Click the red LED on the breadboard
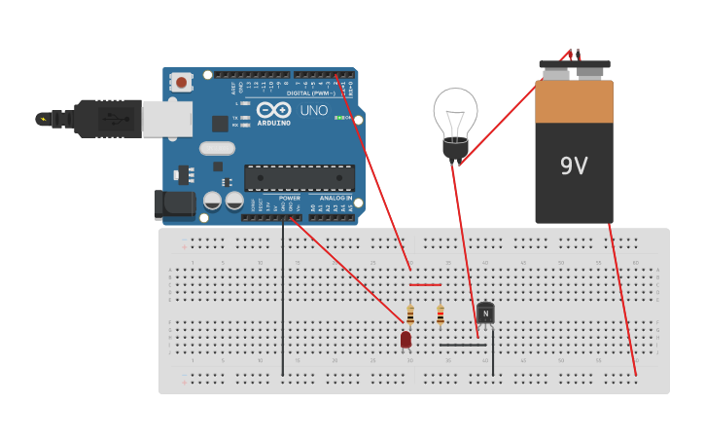point(405,339)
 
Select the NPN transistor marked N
point(485,312)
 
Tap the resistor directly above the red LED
point(410,313)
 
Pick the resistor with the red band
point(441,313)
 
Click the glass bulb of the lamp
point(455,112)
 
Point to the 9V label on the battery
point(574,166)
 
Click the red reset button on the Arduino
point(181,84)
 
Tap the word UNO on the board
point(314,110)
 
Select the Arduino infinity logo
point(275,110)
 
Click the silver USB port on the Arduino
point(166,118)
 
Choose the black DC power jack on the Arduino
point(172,203)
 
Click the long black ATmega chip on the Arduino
point(299,178)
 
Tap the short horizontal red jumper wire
point(425,285)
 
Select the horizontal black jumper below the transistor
point(462,345)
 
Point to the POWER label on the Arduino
point(290,198)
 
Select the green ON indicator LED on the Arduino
point(337,118)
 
